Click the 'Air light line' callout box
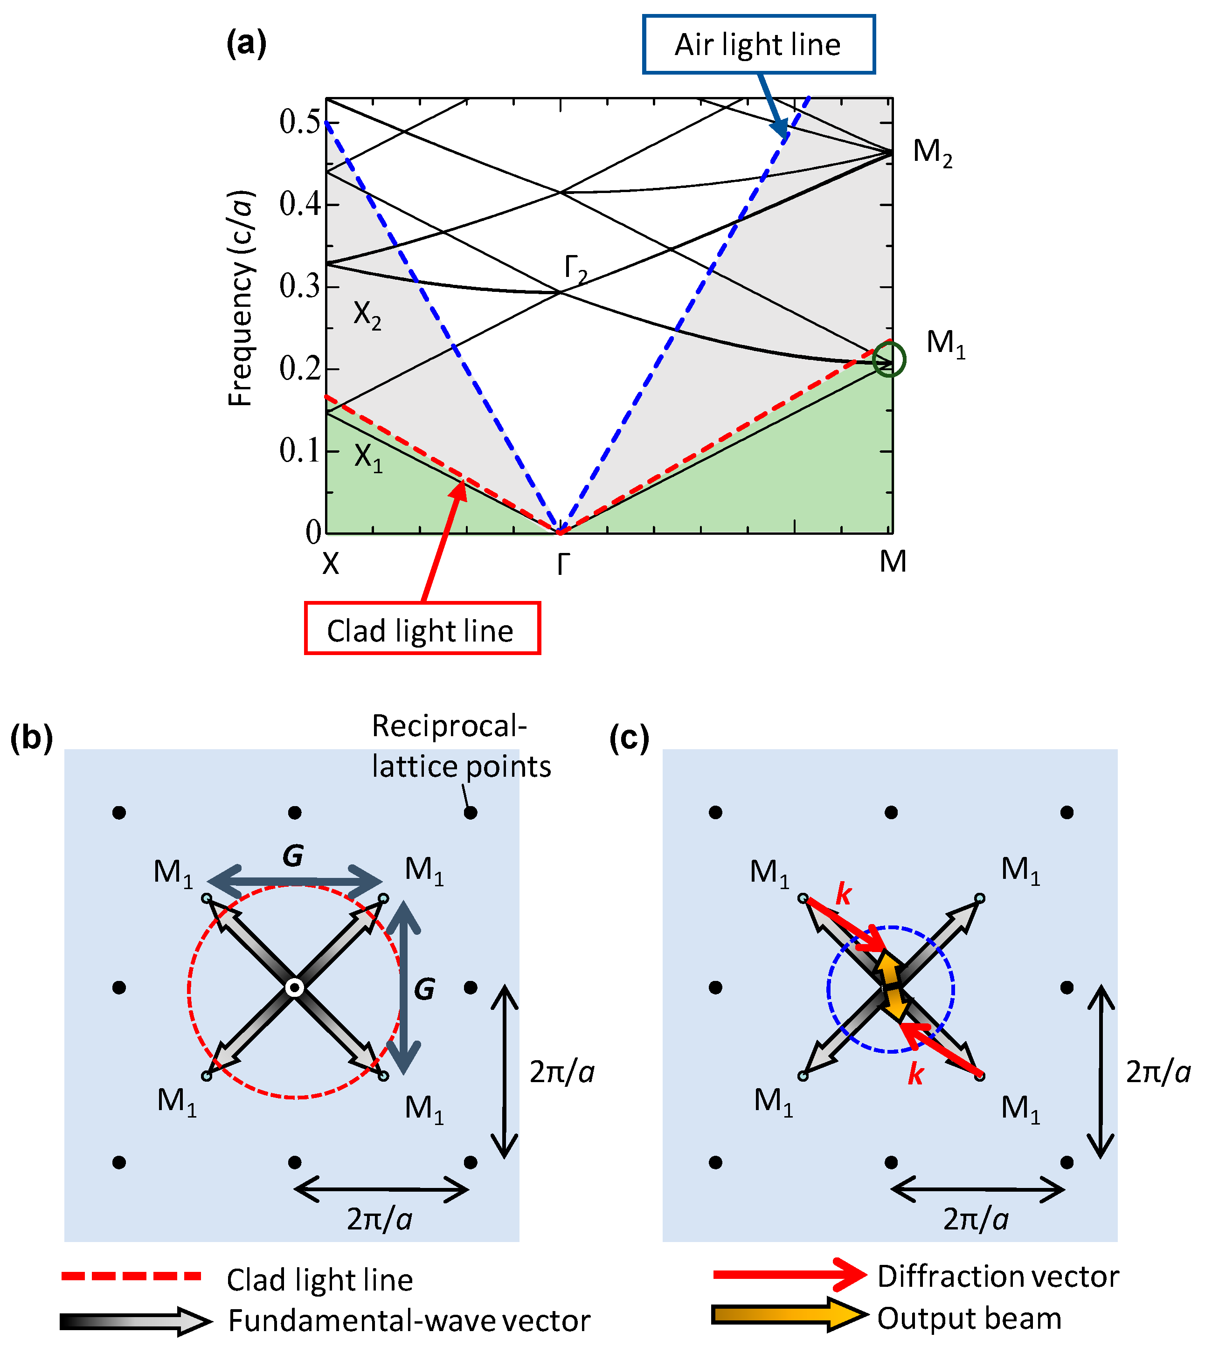coord(758,44)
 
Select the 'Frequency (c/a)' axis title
coord(240,298)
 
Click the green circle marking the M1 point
coord(888,360)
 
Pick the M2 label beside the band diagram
coord(932,153)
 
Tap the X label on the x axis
coord(330,563)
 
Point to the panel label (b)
coord(31,737)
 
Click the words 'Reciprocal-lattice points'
coord(460,746)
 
